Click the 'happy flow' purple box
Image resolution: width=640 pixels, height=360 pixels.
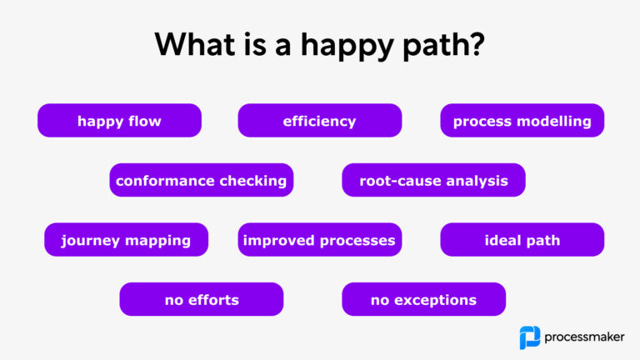tap(119, 121)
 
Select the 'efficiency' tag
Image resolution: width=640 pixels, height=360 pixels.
tap(319, 121)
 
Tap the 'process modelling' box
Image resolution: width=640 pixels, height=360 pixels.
tap(522, 121)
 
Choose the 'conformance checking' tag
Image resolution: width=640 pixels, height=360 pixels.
tap(201, 181)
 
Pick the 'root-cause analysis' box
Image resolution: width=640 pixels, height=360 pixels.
tap(433, 181)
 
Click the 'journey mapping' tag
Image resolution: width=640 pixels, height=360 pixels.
tap(126, 241)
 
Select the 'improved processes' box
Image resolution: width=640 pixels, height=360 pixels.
tap(319, 241)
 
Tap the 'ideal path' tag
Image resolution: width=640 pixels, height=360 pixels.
tap(522, 241)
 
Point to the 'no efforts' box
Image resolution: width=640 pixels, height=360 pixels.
tap(201, 300)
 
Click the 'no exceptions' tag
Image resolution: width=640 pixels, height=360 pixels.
tap(423, 300)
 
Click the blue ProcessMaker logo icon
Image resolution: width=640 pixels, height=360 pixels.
tap(529, 337)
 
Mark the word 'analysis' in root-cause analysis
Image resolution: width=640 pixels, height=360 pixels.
tap(478, 181)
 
